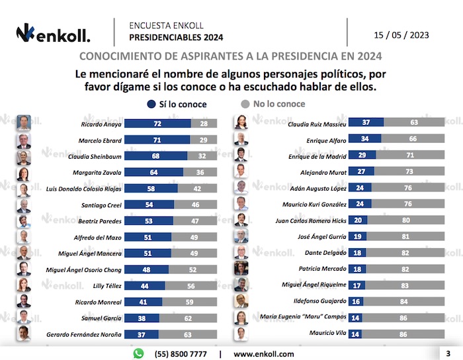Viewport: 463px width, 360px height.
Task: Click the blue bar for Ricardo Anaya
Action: tap(157, 124)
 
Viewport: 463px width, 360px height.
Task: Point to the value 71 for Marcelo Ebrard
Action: tap(157, 140)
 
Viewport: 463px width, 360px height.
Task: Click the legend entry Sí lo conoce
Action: tap(176, 104)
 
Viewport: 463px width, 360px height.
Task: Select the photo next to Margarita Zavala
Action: tap(24, 173)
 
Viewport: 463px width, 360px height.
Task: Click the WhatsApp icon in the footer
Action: tap(138, 354)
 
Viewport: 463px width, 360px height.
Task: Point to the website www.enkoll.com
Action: tap(264, 354)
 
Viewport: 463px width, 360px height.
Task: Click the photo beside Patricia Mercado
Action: tap(241, 268)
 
